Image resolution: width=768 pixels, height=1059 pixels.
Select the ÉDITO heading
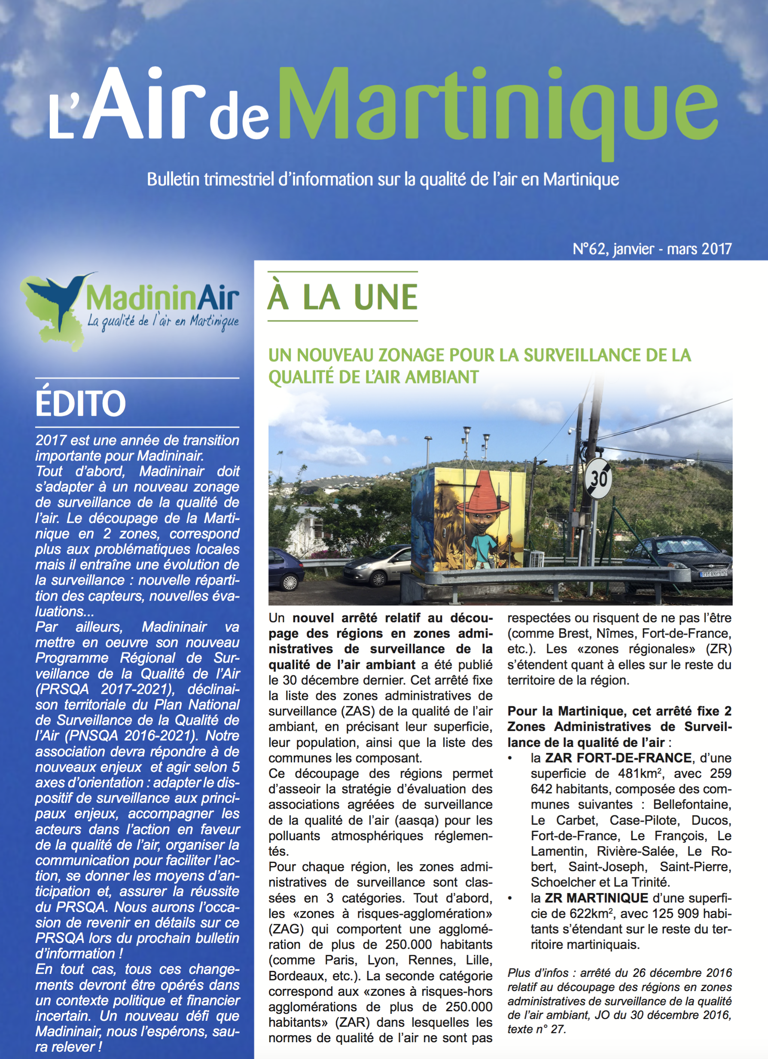click(81, 404)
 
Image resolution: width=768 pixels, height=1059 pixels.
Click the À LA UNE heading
click(342, 297)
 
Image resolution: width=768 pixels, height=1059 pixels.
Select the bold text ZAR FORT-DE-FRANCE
click(618, 758)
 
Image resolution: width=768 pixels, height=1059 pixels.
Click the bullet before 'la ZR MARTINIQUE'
click(510, 898)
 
